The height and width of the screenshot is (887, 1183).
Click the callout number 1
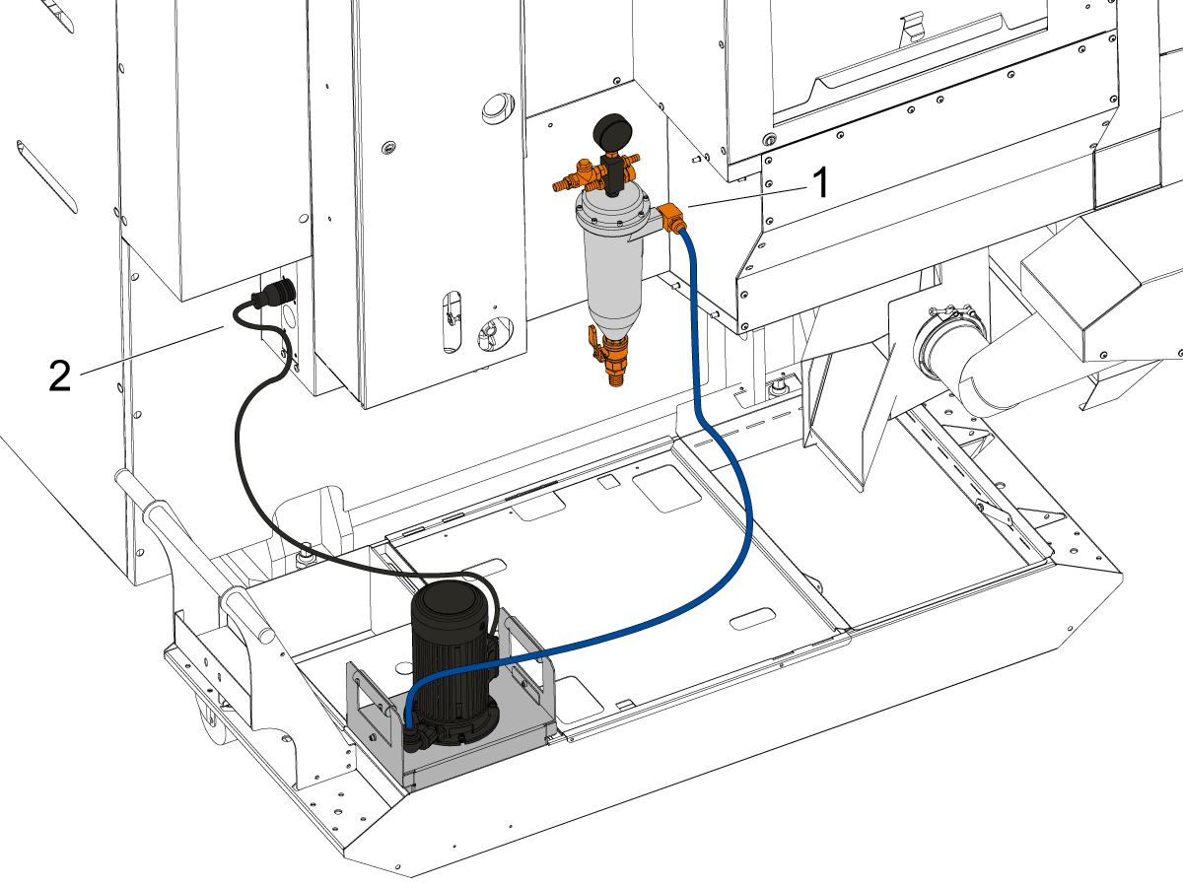(x=820, y=182)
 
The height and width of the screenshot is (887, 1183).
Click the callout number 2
(x=60, y=375)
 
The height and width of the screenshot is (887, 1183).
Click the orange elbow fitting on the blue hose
(x=671, y=217)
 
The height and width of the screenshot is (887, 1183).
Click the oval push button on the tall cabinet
(x=497, y=107)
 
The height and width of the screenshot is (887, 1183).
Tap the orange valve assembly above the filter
(x=595, y=174)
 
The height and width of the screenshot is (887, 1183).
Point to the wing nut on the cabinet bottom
(x=494, y=331)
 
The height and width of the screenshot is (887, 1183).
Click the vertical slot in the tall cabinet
(x=452, y=322)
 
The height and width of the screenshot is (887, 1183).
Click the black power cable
(x=253, y=485)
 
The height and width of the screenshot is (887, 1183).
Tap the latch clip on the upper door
(x=913, y=27)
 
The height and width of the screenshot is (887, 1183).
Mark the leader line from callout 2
(x=152, y=350)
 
